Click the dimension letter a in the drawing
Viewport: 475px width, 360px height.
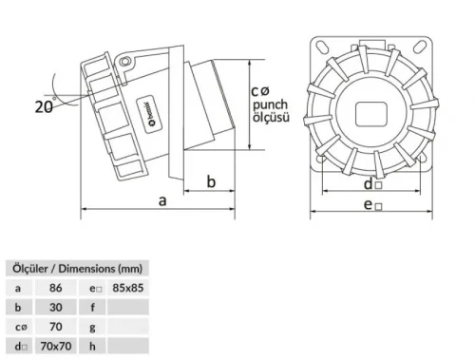coord(162,199)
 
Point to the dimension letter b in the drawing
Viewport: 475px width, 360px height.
coord(212,180)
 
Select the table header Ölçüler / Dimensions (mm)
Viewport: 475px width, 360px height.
coord(75,269)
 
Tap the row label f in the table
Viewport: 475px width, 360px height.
coord(92,307)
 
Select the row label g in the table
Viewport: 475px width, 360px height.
coord(92,327)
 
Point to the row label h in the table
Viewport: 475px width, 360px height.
coord(92,347)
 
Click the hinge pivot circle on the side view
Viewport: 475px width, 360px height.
coord(123,62)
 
